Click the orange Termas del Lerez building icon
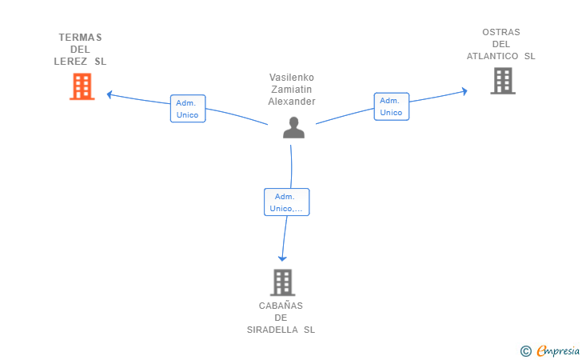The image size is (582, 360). click(82, 86)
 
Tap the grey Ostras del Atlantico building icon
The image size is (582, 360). click(503, 81)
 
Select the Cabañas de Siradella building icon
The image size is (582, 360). click(282, 282)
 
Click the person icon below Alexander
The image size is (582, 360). click(293, 127)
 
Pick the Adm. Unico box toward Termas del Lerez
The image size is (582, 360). click(188, 109)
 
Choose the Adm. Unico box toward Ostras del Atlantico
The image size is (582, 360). click(392, 106)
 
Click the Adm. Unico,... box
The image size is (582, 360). click(286, 202)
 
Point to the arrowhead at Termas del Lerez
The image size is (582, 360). click(110, 94)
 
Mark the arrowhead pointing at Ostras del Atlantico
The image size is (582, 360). click(464, 91)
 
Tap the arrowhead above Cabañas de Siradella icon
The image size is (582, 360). click(282, 258)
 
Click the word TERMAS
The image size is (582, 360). click(80, 38)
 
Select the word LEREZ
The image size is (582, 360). click(70, 62)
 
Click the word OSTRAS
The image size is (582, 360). click(501, 32)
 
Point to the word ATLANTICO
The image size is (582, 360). click(492, 56)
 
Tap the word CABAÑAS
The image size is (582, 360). click(281, 305)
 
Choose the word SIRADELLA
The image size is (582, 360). click(273, 330)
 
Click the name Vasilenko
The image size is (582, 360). click(292, 78)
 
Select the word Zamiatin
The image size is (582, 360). click(291, 90)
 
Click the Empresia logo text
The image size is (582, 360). click(558, 351)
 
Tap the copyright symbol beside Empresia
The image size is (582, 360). click(526, 351)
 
